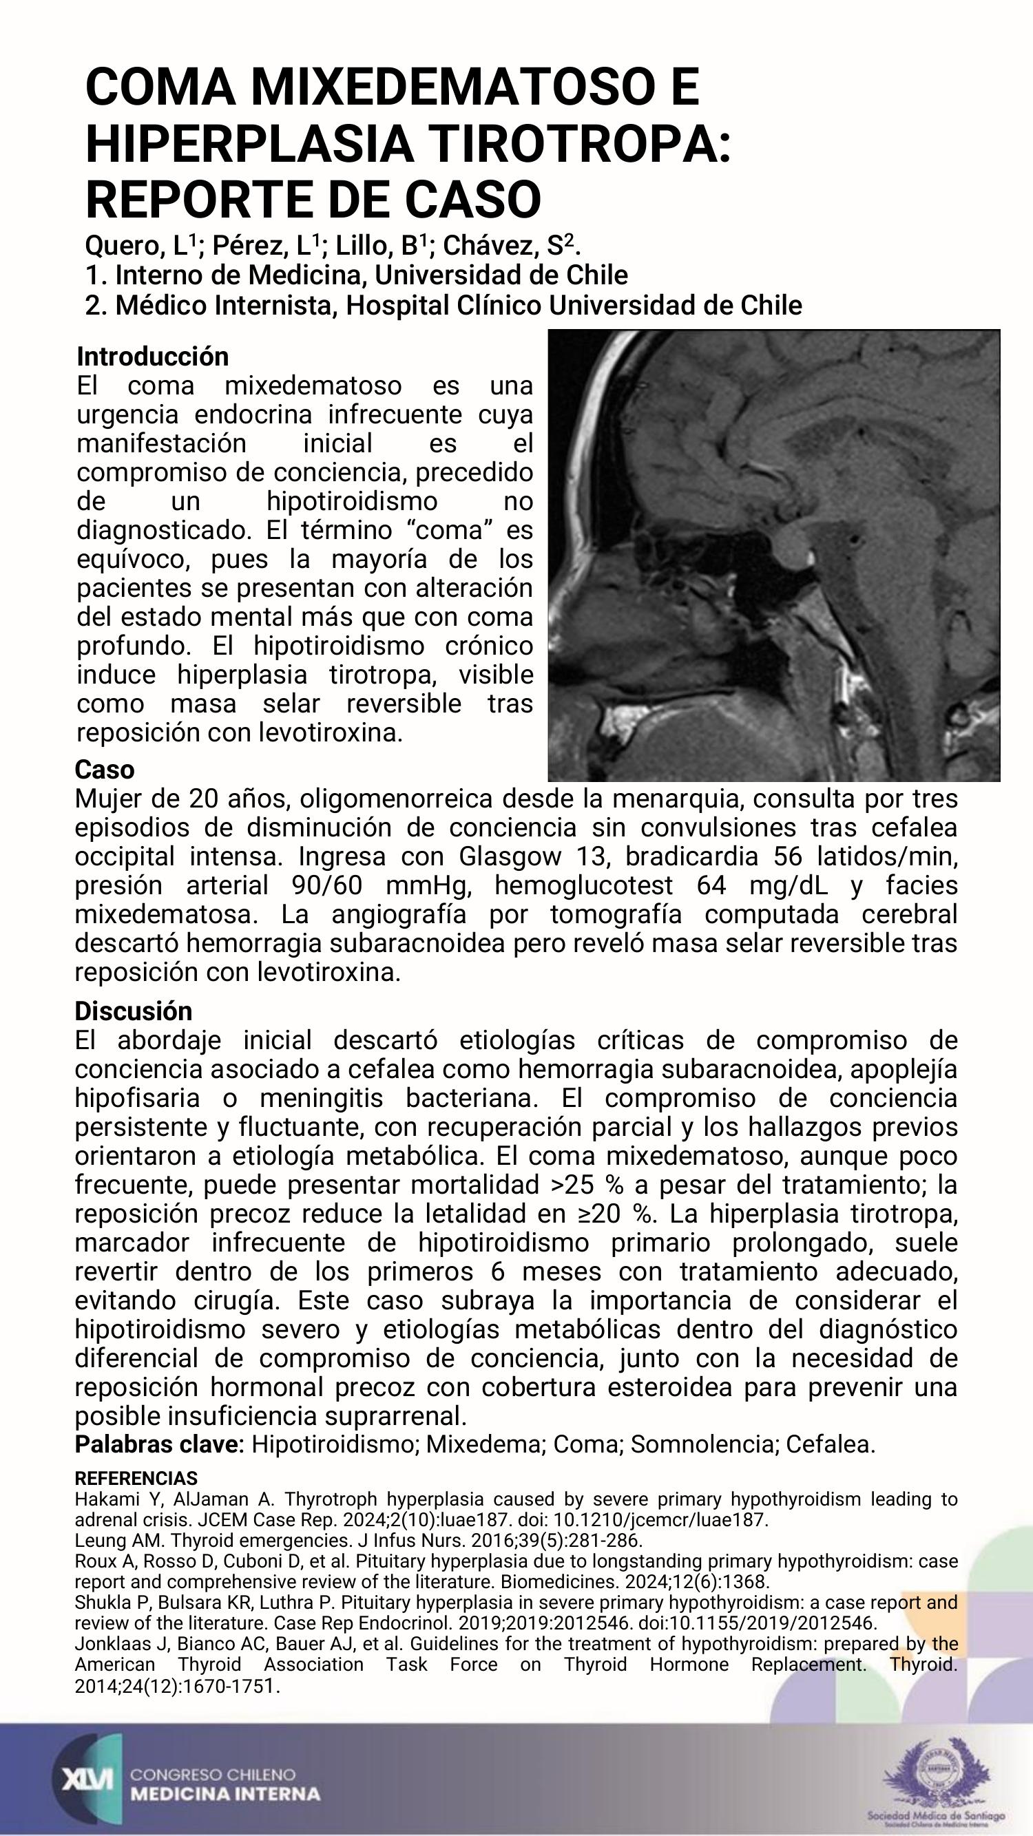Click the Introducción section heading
153,356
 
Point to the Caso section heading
105,770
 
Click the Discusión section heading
134,1011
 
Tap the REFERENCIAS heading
136,1477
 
